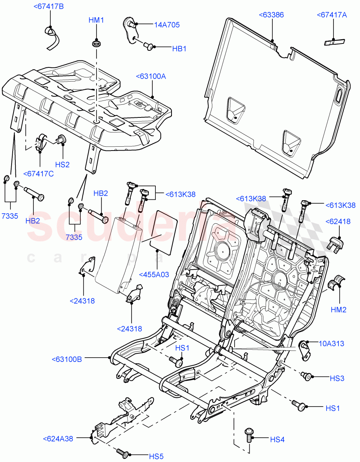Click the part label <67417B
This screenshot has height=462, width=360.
point(49,6)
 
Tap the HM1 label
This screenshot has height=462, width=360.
point(96,20)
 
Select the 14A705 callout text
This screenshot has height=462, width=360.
point(167,25)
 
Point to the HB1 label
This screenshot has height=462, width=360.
point(179,49)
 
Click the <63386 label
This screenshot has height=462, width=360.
point(271,15)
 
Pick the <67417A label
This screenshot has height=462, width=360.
point(332,15)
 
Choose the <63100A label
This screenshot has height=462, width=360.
point(151,77)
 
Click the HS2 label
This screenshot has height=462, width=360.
point(62,164)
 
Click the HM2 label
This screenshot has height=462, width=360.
point(339,309)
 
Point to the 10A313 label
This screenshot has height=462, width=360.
point(331,343)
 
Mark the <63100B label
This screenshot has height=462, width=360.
point(67,359)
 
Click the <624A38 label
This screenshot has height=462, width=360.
point(58,439)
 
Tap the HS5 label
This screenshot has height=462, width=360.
point(156,456)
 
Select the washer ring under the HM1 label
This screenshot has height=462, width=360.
point(96,42)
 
